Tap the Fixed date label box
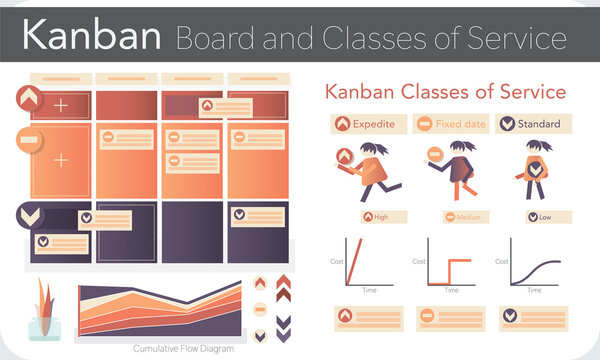pyautogui.click(x=449, y=124)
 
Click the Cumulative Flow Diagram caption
pyautogui.click(x=176, y=349)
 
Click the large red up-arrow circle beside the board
pyautogui.click(x=28, y=98)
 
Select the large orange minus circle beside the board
pyautogui.click(x=28, y=141)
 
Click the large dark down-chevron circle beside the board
pyautogui.click(x=28, y=216)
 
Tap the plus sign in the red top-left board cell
pyautogui.click(x=62, y=105)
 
